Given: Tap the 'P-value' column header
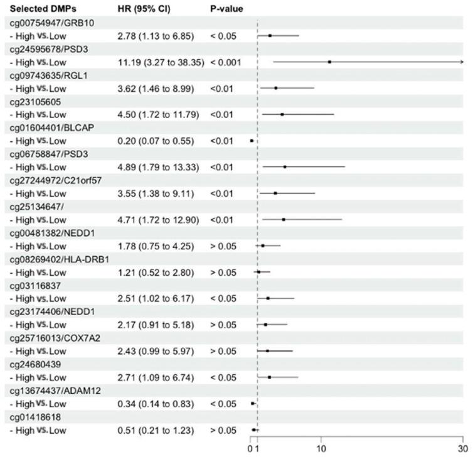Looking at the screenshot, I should pos(226,9).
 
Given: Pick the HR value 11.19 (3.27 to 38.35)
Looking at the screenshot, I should pos(161,62).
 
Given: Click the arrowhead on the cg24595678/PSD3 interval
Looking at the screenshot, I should pos(461,62).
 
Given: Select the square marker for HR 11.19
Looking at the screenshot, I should pos(329,62).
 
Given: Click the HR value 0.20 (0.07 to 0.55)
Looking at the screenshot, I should pos(155,141).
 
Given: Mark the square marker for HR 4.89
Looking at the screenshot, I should pos(285,167).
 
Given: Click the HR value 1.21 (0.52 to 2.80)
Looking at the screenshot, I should pos(155,272).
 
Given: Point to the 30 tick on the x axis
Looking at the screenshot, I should pos(462,449).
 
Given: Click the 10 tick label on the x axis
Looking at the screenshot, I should pos(321,449).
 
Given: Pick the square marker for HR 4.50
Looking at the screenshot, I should pos(282,114).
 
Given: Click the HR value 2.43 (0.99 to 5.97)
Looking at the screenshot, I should pos(155,350).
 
